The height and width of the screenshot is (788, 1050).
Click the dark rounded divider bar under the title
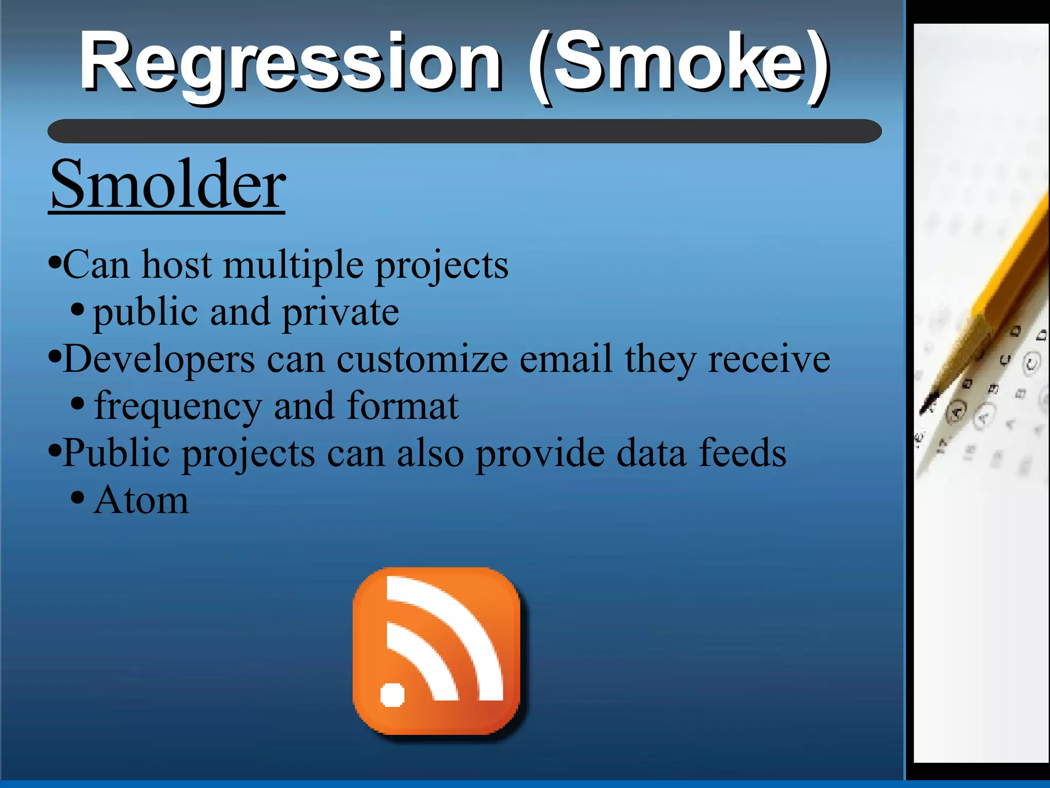[464, 131]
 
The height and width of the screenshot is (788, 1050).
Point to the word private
[340, 312]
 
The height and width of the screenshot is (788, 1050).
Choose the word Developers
[159, 359]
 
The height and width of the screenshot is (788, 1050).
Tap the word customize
[422, 359]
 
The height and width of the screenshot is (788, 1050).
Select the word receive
[769, 359]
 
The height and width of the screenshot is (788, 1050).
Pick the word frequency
[177, 407]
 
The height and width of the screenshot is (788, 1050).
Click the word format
[402, 406]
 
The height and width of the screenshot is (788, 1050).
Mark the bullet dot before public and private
[77, 309]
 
